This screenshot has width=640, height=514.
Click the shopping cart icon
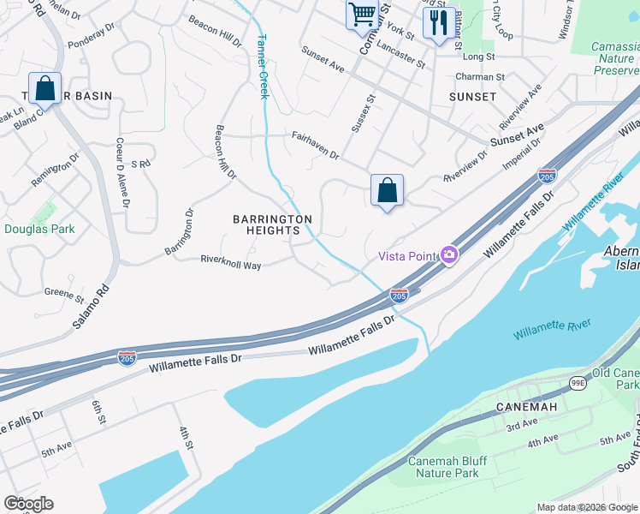point(362,15)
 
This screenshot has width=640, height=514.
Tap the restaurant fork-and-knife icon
point(438,22)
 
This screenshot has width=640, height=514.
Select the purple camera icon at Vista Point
point(448,254)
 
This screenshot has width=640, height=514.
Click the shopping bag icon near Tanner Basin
point(44,88)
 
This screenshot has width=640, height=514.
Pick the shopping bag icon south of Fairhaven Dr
point(387,190)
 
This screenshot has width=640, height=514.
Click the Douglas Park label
point(39,229)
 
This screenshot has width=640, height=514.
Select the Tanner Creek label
point(263,67)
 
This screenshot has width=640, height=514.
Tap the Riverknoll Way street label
point(231,261)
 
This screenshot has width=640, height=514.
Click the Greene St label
point(65,296)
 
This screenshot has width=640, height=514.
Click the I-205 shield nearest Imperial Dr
point(547,176)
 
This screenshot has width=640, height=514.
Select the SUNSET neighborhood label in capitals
point(472,97)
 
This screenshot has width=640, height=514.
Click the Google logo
point(28,504)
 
